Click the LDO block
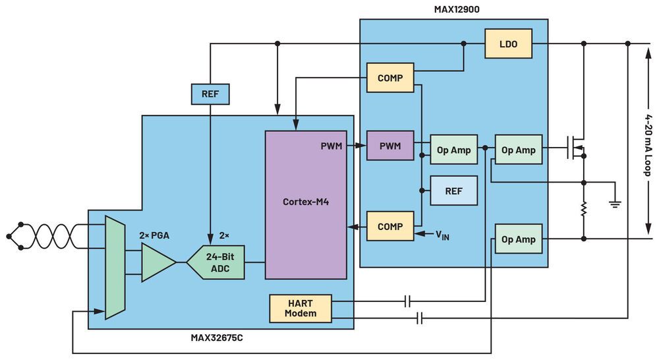(508, 44)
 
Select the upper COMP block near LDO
(390, 78)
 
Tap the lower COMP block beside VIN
(390, 226)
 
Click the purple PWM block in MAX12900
(390, 146)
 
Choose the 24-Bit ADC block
(215, 262)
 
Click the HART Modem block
(300, 309)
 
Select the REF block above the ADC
(210, 94)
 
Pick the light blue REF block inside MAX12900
(453, 191)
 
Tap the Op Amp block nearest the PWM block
(453, 150)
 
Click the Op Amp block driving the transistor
(518, 150)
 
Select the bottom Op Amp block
(518, 239)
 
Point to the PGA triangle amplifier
(158, 262)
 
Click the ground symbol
(615, 204)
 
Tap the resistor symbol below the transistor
(583, 209)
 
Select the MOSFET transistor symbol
(575, 147)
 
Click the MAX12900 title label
(457, 9)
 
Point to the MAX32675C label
(216, 338)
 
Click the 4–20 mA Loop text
(648, 145)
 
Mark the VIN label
(442, 235)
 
